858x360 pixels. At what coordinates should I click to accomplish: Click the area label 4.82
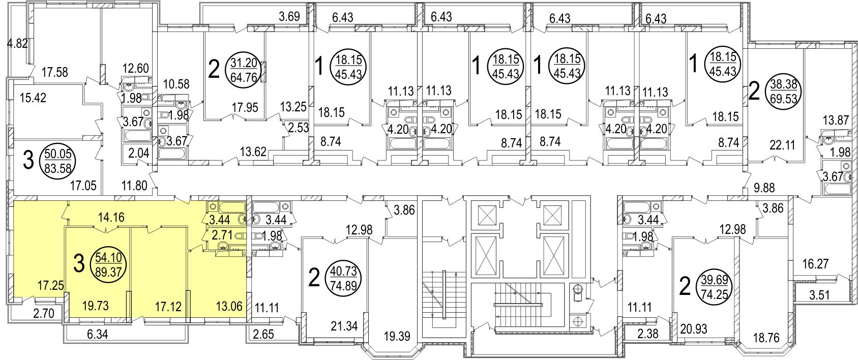(x=17, y=44)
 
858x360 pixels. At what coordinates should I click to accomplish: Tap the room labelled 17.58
(x=55, y=72)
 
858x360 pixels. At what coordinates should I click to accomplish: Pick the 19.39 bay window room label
(x=398, y=335)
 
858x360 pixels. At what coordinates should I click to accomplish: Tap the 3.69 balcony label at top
(x=289, y=16)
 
